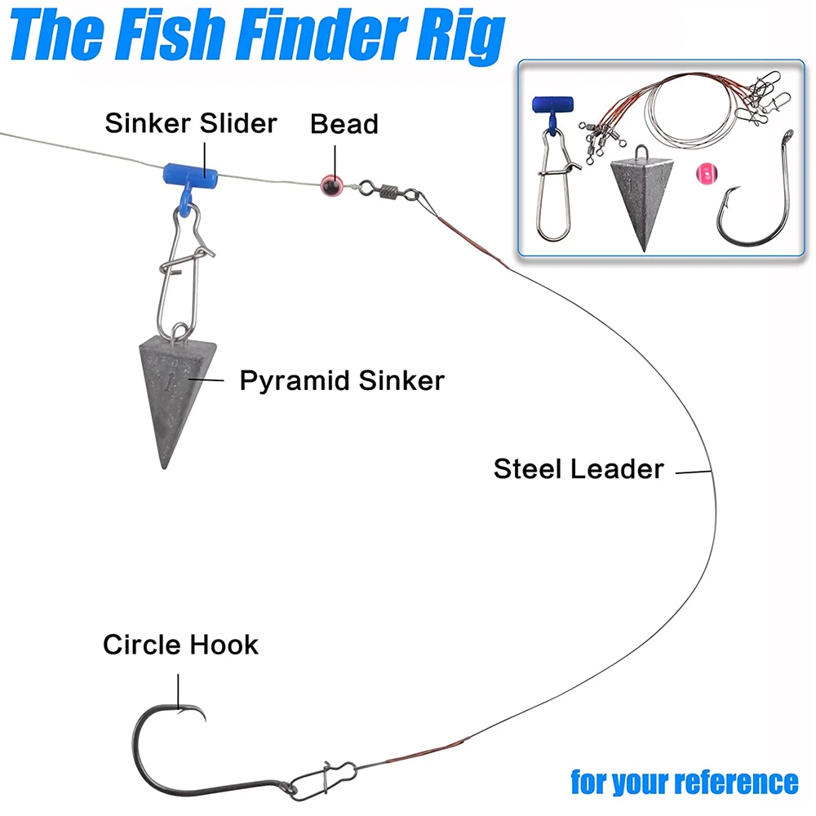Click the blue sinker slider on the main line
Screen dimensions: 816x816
pyautogui.click(x=188, y=174)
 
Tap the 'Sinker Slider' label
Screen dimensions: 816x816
pyautogui.click(x=191, y=123)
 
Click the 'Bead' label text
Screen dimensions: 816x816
pyautogui.click(x=344, y=124)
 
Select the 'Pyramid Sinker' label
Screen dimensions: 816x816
pyautogui.click(x=342, y=379)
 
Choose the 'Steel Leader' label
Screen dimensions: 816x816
pyautogui.click(x=579, y=468)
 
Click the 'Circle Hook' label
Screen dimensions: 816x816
pyautogui.click(x=180, y=645)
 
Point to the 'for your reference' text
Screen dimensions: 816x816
pyautogui.click(x=684, y=781)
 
